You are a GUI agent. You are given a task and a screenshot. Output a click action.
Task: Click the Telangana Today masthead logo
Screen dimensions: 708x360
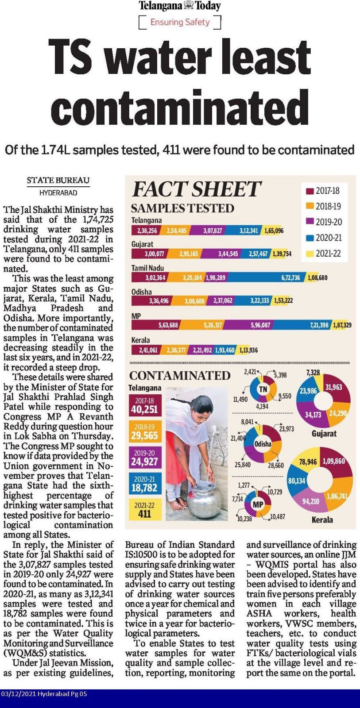[180, 6]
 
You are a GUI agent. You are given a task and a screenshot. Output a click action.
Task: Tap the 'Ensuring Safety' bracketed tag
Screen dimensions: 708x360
[180, 22]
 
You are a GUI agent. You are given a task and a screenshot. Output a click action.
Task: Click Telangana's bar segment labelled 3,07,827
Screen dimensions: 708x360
[213, 231]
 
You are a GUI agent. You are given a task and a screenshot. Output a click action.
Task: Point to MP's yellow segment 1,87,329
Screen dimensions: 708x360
[341, 325]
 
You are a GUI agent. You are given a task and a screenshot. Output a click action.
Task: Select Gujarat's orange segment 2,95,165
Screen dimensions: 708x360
[188, 254]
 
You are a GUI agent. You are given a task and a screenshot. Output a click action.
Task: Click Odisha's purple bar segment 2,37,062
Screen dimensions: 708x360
[223, 301]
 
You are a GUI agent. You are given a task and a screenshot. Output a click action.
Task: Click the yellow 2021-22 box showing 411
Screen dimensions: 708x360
[144, 510]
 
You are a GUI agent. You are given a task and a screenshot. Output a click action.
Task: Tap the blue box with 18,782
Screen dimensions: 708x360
[144, 484]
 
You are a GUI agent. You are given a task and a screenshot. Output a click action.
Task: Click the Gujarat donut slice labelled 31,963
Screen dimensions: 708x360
[334, 387]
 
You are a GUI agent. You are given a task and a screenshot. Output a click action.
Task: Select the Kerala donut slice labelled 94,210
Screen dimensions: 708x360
[311, 501]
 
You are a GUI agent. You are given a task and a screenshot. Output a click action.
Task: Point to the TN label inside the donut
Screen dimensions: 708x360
[263, 389]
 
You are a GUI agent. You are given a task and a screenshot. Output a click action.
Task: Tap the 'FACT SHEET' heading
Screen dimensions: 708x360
[197, 189]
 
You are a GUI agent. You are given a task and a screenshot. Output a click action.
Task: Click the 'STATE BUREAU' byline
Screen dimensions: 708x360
[58, 180]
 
